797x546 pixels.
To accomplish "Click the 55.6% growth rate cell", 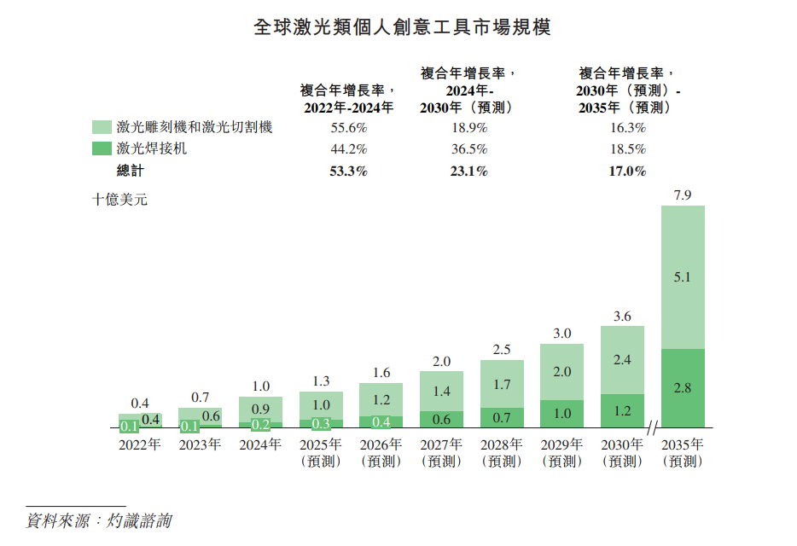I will tap(347, 128).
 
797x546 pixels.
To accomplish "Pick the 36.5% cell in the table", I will tap(468, 149).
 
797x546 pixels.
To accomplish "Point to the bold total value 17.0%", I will tap(627, 171).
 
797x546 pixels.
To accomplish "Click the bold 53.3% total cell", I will tap(347, 171).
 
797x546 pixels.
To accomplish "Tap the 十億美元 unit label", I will tap(119, 201).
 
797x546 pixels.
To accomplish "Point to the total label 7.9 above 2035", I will tap(683, 195).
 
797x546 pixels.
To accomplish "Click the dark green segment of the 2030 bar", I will tap(622, 410).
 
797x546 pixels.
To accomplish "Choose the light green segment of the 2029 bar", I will tap(561, 372).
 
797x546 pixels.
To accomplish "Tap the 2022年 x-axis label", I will tap(140, 444).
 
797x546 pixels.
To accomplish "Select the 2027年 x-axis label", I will tap(441, 444).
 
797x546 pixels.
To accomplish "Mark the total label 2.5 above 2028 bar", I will tap(502, 350).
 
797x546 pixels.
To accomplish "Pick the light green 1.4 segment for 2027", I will tap(441, 391).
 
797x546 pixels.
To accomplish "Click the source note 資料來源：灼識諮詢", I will tap(98, 520).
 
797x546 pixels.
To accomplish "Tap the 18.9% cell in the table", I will tap(468, 128).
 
